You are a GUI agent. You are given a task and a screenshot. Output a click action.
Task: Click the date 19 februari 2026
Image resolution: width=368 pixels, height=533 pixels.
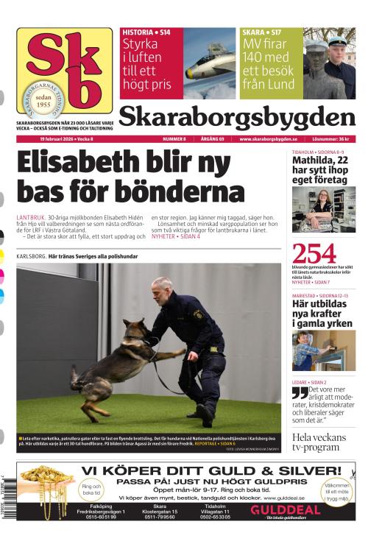[x=63, y=138]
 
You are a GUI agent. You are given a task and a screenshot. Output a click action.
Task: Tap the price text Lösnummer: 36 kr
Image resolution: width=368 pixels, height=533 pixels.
[x=333, y=138]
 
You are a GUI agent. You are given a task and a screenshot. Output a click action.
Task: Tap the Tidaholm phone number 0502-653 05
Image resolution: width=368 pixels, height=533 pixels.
[x=216, y=518]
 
